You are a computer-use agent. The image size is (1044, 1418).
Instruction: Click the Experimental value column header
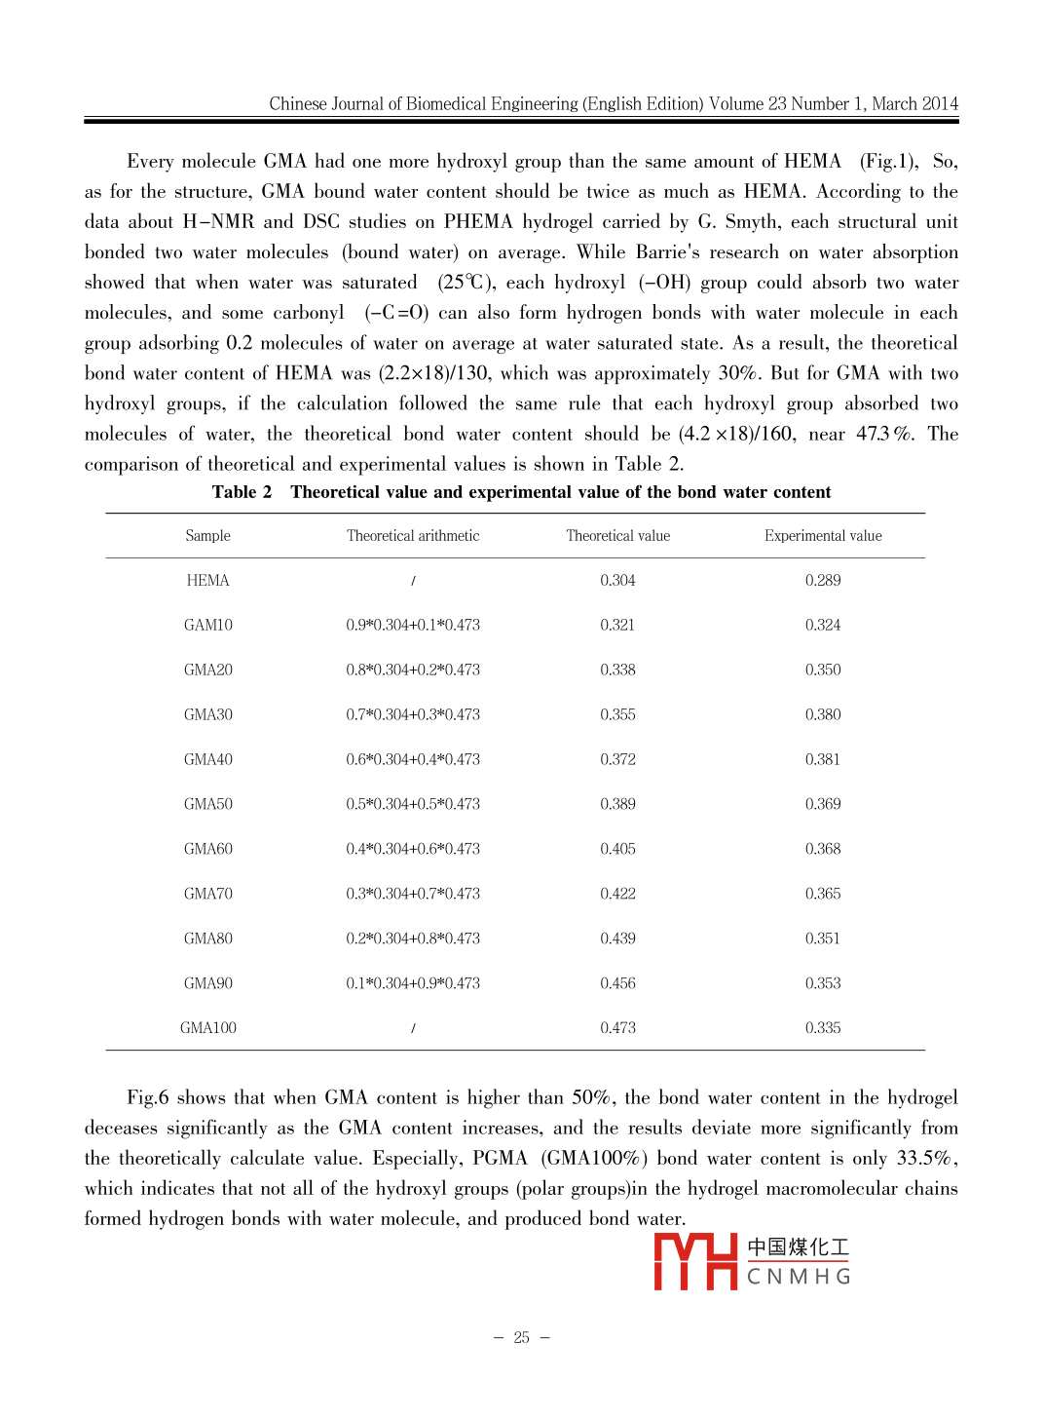tap(823, 536)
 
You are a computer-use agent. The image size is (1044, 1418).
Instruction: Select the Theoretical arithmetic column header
tap(413, 536)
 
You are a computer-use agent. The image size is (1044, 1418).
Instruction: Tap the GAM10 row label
tap(208, 626)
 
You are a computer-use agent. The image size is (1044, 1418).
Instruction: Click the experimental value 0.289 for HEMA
tap(823, 581)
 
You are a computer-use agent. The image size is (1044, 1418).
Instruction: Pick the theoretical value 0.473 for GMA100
tap(617, 1028)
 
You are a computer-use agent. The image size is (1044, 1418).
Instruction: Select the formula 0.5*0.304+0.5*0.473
tap(413, 805)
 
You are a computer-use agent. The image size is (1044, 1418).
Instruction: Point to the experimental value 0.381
tap(823, 760)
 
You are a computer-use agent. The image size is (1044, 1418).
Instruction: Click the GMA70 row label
tap(208, 894)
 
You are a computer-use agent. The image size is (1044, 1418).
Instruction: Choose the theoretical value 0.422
tap(617, 894)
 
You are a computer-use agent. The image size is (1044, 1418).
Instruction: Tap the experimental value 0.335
tap(823, 1028)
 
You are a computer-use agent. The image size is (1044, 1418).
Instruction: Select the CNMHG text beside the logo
tap(799, 1277)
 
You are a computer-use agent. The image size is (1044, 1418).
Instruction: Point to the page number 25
tap(522, 1338)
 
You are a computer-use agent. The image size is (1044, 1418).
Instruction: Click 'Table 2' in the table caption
tap(242, 492)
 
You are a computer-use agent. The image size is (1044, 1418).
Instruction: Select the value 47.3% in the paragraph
tap(884, 434)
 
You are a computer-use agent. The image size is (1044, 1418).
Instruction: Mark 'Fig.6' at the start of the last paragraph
tap(148, 1098)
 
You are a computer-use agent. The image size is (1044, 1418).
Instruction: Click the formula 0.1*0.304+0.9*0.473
tap(413, 983)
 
